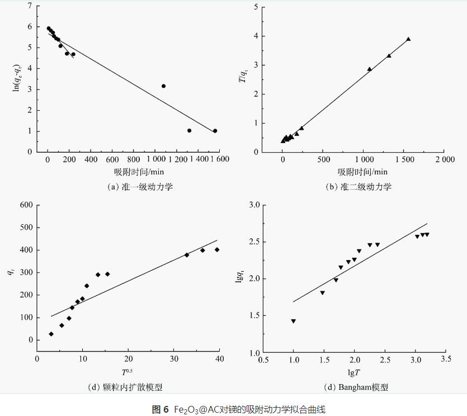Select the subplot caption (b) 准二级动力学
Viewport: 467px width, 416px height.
[x=358, y=187]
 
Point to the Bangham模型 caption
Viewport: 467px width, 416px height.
[x=356, y=387]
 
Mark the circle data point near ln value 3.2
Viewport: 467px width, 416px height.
[x=163, y=86]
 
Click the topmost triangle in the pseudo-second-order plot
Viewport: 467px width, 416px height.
[x=408, y=39]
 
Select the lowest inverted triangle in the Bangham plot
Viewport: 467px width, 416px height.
[x=293, y=321]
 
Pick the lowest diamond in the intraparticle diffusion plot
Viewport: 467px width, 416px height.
[x=51, y=334]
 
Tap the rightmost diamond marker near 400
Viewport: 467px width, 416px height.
[x=217, y=250]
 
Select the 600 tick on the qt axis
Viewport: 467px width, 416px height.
[x=26, y=205]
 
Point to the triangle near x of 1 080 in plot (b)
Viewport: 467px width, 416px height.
[x=369, y=69]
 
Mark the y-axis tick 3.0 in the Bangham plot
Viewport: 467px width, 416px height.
[x=254, y=205]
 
